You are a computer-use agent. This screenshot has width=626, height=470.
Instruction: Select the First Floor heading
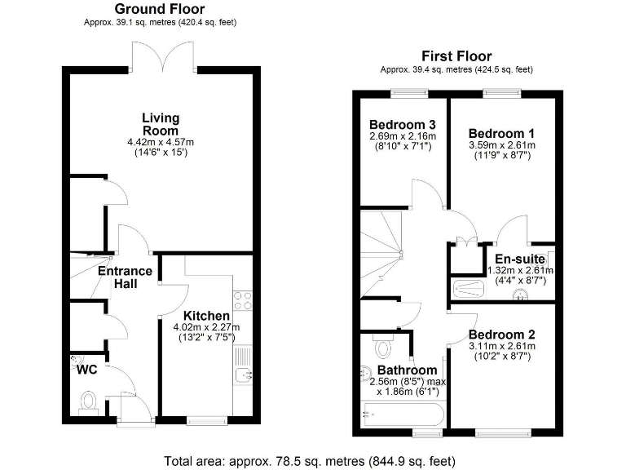(456, 55)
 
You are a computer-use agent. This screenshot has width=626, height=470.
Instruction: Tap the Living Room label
(161, 124)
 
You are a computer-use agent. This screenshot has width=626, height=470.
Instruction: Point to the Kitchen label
(205, 316)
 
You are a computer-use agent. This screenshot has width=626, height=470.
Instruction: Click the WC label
(87, 370)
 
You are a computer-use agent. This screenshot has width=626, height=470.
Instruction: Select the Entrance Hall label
(125, 277)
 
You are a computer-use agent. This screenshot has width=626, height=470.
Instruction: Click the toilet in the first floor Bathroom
(383, 348)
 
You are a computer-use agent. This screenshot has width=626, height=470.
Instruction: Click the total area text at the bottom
(312, 459)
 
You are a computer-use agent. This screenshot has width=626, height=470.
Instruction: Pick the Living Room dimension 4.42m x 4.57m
(161, 141)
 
